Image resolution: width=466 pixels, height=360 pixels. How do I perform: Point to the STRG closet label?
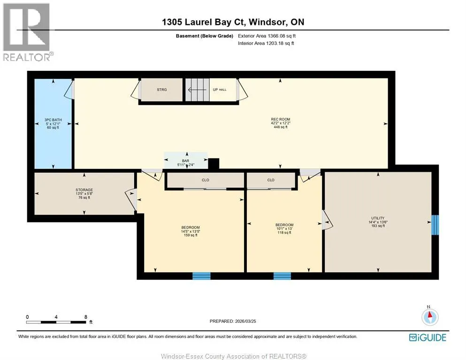(162, 90)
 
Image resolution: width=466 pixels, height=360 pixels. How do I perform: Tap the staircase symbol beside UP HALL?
(198, 90)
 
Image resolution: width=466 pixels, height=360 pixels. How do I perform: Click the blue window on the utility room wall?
(435, 225)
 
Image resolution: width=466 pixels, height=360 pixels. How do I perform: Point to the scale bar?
(56, 322)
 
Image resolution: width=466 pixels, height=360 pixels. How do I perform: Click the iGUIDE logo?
(428, 337)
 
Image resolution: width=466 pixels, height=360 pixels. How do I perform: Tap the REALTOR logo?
(27, 32)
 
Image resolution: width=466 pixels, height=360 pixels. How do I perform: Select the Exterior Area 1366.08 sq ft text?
(267, 36)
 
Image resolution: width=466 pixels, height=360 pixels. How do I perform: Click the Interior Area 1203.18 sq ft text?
(266, 43)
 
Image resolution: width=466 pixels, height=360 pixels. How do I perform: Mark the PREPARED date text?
(233, 322)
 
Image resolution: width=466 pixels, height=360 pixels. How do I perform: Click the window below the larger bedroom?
(201, 276)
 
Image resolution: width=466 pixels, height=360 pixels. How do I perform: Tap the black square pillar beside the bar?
(214, 164)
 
